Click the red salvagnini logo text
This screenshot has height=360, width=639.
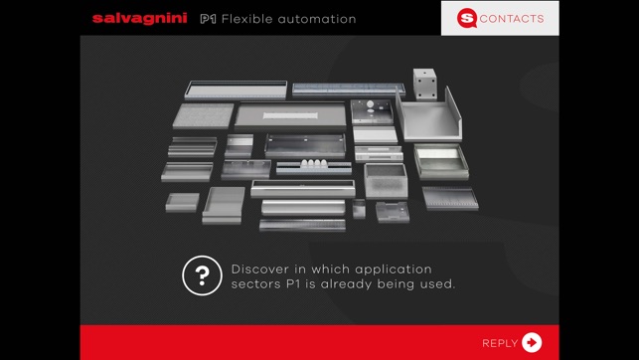tap(140, 18)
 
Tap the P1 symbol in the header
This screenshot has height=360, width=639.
tap(208, 19)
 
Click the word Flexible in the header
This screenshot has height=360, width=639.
tap(247, 19)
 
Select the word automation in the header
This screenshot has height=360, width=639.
tap(317, 19)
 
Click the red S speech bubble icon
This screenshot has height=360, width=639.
tap(467, 18)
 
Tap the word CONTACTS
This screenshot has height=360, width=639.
tap(512, 19)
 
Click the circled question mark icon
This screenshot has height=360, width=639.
tap(202, 275)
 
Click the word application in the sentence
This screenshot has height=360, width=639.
tap(394, 270)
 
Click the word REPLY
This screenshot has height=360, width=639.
tap(500, 343)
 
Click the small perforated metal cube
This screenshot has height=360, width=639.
tap(424, 84)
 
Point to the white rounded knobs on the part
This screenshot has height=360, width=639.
tap(314, 163)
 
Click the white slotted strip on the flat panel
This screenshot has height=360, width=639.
tap(290, 115)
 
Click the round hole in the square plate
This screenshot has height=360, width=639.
tap(370, 104)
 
